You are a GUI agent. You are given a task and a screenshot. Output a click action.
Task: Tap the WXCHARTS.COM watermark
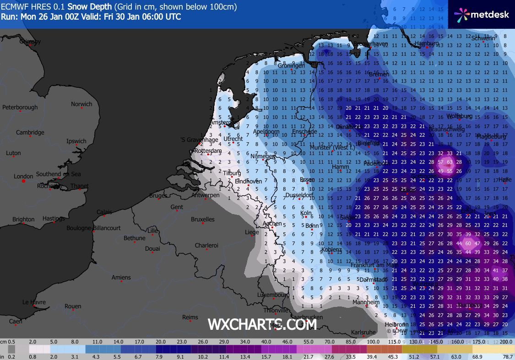(262, 324)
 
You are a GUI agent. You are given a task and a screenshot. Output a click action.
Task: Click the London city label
(23, 176)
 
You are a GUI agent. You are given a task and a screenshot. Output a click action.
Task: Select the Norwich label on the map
(81, 104)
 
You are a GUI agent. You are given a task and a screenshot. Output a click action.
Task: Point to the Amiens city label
(121, 277)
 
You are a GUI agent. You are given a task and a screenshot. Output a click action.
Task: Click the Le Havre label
(33, 302)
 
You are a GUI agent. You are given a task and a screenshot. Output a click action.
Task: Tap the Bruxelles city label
(202, 219)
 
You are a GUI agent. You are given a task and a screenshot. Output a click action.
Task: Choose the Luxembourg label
(273, 295)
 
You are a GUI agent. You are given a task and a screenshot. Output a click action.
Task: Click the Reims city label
(190, 317)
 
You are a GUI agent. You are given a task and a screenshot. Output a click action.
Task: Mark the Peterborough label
(20, 107)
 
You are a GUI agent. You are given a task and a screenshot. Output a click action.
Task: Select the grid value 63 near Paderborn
(450, 162)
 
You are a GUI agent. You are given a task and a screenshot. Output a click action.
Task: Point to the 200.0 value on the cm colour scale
(505, 342)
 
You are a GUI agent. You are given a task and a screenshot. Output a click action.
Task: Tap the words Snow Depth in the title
(90, 7)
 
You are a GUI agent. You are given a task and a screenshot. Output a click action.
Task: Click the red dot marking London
(23, 182)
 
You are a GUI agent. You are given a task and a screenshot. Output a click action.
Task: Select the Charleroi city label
(206, 245)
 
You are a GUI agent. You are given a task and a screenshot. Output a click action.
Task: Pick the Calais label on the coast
(104, 212)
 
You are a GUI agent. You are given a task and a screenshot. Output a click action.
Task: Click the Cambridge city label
(30, 133)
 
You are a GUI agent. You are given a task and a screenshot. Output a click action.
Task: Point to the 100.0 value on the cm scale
(374, 342)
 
